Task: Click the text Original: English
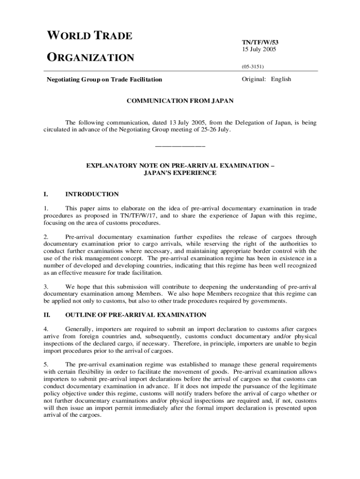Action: (x=266, y=79)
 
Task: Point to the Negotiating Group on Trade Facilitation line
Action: (x=104, y=80)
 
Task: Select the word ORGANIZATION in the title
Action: (x=90, y=58)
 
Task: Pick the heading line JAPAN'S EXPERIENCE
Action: (x=180, y=173)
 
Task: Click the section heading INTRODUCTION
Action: (x=92, y=194)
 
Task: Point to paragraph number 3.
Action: (x=45, y=286)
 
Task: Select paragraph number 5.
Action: (x=45, y=364)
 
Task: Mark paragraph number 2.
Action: (x=45, y=237)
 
